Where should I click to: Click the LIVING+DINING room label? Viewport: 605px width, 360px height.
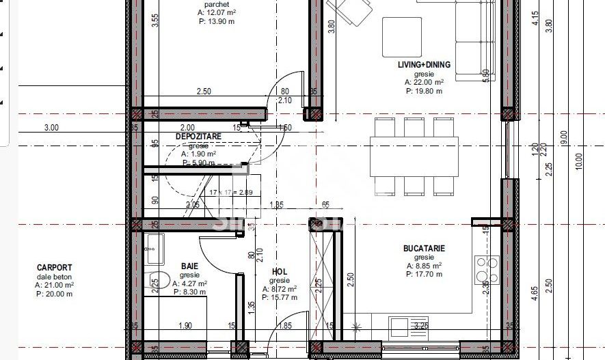424,65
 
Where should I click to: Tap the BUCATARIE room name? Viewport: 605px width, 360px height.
424,249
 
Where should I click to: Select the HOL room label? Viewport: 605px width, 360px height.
280,271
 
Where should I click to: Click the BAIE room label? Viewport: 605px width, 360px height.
189,266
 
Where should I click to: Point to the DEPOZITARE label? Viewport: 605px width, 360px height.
198,137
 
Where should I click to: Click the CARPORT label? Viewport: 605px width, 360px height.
55,268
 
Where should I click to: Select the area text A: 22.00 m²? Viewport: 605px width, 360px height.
424,82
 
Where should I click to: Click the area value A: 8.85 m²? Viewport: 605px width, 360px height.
424,266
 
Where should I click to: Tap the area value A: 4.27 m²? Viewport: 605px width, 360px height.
190,283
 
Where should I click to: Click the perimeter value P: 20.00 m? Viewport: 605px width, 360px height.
55,294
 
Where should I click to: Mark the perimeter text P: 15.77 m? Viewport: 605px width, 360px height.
280,297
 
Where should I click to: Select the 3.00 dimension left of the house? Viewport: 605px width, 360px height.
51,128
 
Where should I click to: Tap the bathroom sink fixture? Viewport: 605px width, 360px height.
154,249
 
